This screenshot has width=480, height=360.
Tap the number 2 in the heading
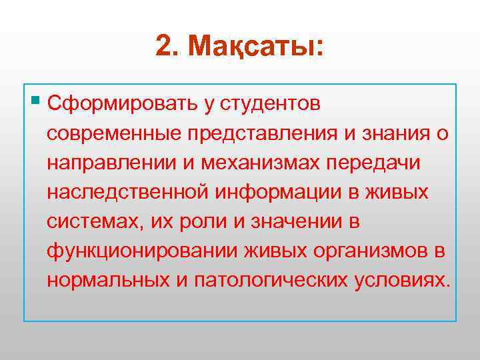pos(165,46)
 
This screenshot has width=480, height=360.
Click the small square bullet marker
pos(35,101)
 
